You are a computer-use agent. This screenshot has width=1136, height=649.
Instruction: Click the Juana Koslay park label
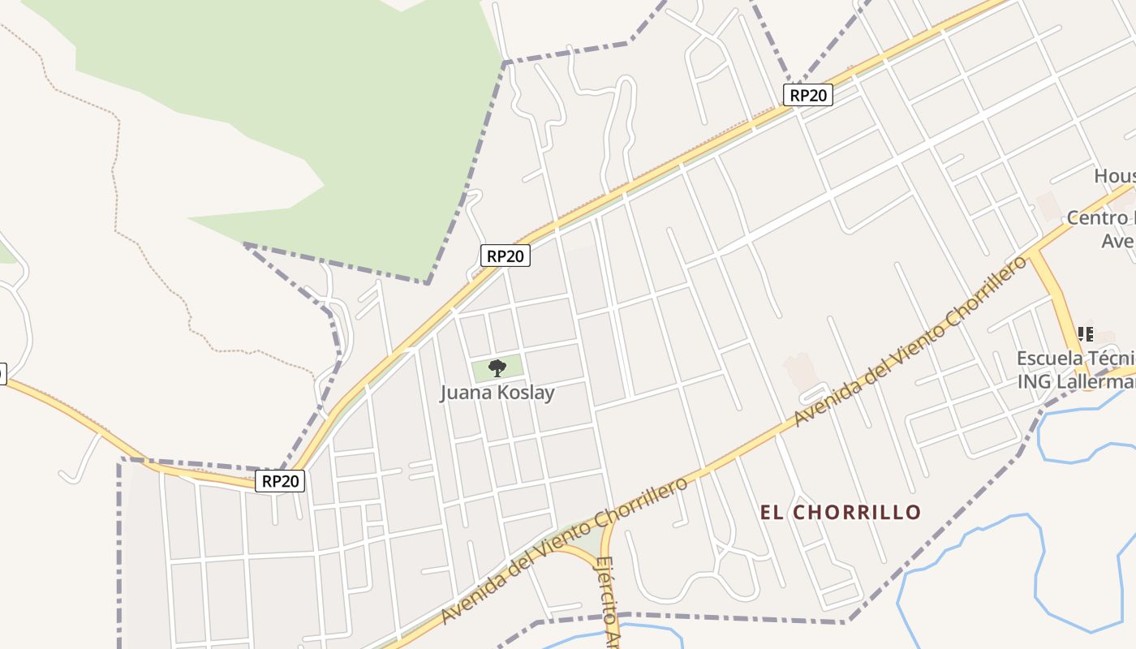pos(497,393)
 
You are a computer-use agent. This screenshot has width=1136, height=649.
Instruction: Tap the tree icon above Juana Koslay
pos(497,368)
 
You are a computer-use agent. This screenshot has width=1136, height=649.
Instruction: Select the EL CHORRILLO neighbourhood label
pos(841,512)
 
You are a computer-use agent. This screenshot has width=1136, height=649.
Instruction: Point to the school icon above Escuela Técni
pos(1085,333)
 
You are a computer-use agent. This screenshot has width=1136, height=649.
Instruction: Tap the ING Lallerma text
pos(1076,380)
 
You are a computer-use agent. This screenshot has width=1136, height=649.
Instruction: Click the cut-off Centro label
pos(1100,218)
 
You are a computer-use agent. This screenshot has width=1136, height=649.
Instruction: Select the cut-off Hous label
pos(1115,176)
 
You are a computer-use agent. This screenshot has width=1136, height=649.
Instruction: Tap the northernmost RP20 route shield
pos(808,95)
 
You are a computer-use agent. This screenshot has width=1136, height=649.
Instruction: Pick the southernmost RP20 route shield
pos(281,481)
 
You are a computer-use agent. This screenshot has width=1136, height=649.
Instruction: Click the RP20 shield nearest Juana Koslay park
pos(505,256)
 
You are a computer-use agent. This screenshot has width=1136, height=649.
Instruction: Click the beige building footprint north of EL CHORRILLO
pos(800,370)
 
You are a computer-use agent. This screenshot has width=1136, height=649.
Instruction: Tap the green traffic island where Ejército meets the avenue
pos(596,535)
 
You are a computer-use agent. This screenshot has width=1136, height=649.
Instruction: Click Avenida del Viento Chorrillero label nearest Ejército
pos(564,552)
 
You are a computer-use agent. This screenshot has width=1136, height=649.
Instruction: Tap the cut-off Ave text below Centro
pos(1118,241)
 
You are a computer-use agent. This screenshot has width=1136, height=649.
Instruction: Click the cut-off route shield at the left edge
pos(2,373)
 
